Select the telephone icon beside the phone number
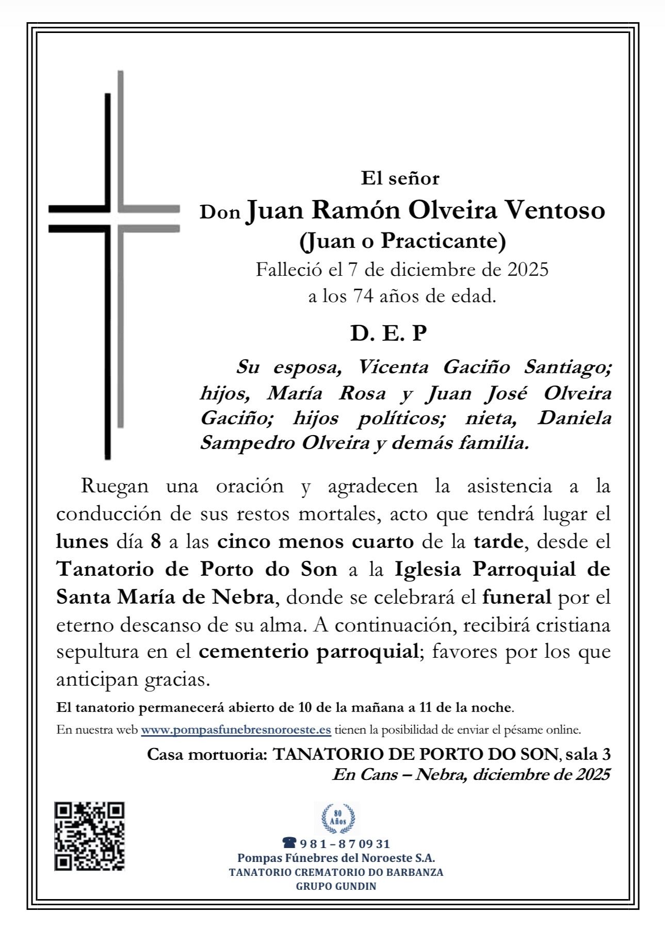tap(289, 843)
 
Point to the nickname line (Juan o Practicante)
tap(402, 241)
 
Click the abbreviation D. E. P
tap(388, 334)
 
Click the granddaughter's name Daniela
tap(574, 418)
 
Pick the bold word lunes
tap(82, 542)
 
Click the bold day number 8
tap(156, 542)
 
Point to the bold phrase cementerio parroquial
tap(308, 652)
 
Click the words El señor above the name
tap(400, 178)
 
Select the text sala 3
tap(588, 754)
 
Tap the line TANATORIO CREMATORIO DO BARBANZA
tap(336, 872)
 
